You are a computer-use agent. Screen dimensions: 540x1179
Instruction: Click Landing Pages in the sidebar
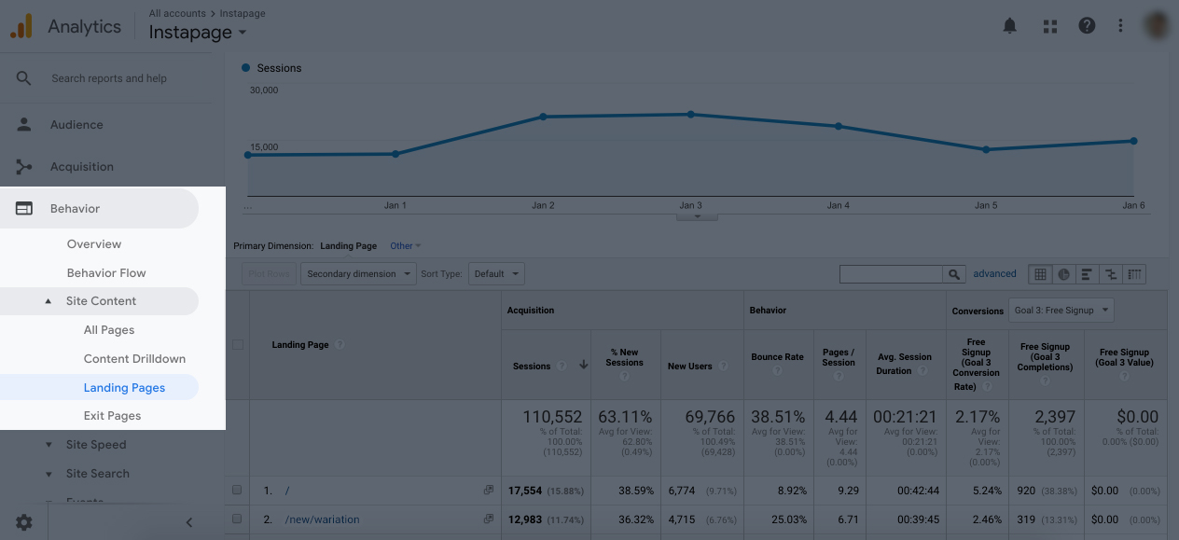pos(124,388)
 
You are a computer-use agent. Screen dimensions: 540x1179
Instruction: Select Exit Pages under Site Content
pos(112,416)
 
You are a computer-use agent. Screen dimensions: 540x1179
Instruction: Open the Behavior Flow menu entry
pos(106,273)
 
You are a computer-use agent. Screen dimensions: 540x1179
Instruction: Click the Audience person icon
pos(24,125)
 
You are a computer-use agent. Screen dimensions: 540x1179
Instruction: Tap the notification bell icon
pos(1009,26)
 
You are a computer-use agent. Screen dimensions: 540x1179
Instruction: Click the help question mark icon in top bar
pos(1087,26)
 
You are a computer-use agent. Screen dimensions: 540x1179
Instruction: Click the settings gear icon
pos(24,522)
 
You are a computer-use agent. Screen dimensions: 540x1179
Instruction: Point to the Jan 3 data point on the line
pos(691,115)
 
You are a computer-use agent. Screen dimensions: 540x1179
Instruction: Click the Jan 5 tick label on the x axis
pos(986,205)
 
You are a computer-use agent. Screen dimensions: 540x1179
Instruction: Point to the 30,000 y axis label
pos(264,90)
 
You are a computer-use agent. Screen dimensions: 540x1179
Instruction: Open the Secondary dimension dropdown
pos(358,274)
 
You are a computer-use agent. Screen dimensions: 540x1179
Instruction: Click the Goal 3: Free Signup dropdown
pos(1061,311)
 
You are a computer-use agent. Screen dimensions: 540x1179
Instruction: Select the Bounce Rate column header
pos(777,357)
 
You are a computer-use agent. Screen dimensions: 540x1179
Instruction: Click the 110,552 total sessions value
pos(551,417)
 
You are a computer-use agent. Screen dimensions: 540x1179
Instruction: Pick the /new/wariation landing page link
pos(322,519)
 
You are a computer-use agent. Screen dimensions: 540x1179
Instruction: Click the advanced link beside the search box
pos(994,274)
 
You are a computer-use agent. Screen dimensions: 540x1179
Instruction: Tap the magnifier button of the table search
pos(953,274)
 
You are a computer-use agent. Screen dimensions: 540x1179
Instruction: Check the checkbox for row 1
pos(237,491)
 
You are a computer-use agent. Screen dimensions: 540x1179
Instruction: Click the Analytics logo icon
pos(21,26)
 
